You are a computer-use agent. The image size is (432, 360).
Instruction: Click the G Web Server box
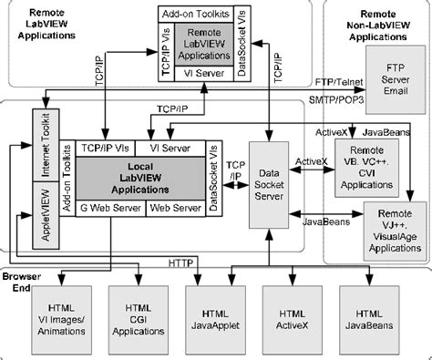click(110, 208)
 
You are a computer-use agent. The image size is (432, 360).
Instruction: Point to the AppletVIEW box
click(41, 213)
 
